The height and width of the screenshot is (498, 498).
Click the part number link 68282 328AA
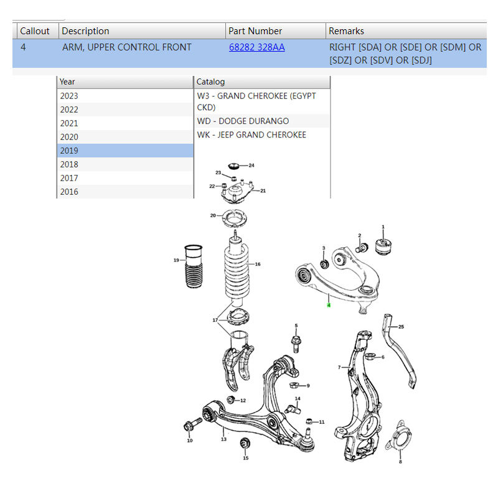pos(256,47)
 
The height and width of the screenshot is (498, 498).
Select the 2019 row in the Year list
pos(125,151)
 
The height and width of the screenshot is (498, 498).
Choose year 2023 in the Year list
pos(125,96)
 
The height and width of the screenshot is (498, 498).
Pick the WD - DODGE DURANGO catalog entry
pos(243,121)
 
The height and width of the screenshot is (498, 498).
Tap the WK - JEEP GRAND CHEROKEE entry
pos(251,134)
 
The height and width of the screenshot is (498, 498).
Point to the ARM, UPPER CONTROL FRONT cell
pos(127,47)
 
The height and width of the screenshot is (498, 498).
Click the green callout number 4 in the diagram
pos(329,305)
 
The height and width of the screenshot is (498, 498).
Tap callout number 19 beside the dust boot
pos(176,260)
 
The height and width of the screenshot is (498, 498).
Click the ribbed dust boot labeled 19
pos(194,266)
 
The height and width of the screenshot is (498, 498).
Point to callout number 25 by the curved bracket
pos(401,326)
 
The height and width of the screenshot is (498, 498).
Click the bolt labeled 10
pos(192,425)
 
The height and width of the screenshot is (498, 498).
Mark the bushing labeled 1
pos(383,247)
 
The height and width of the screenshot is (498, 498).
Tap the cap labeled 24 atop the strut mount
pos(234,166)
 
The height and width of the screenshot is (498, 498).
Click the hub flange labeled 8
pos(399,436)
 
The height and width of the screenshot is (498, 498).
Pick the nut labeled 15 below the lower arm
pos(245,443)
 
